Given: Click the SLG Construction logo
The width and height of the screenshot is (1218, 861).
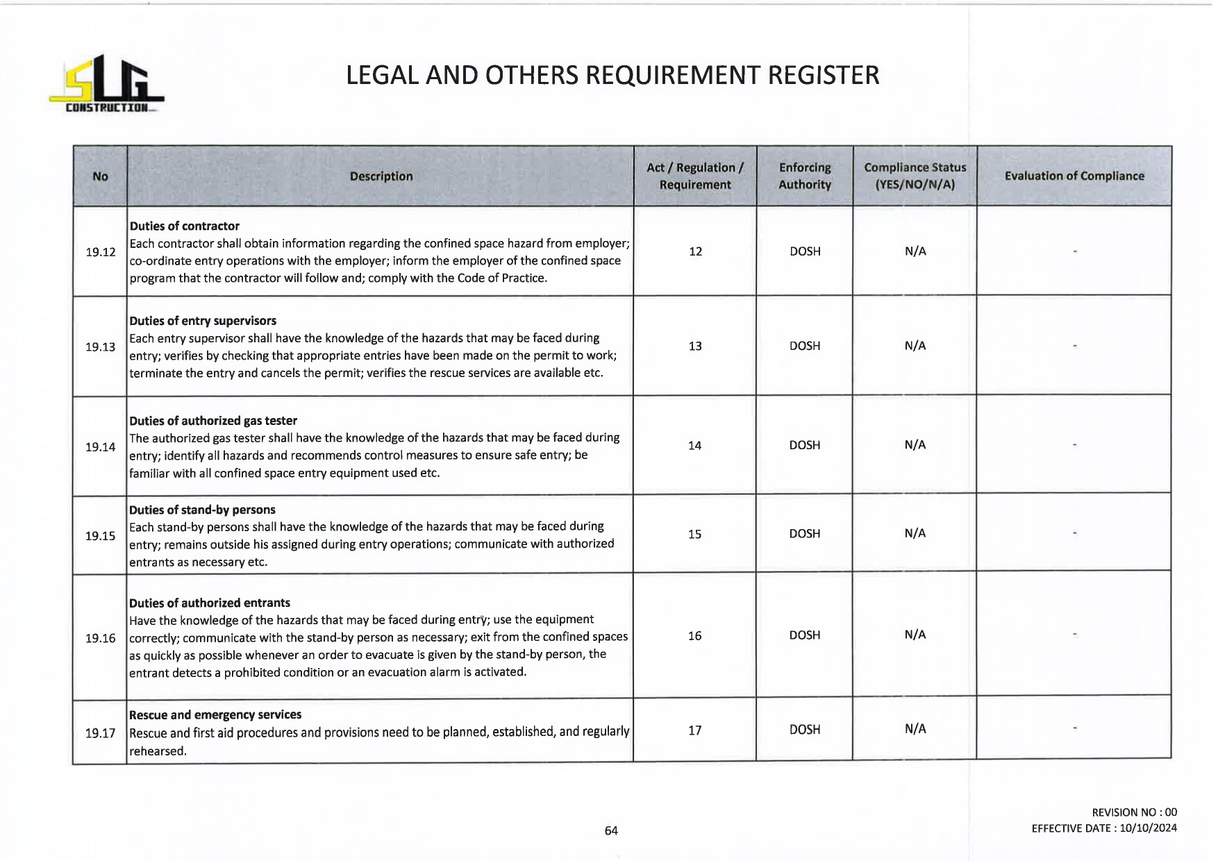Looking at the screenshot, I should [x=106, y=84].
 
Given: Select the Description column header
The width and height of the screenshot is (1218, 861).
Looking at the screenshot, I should [x=381, y=176].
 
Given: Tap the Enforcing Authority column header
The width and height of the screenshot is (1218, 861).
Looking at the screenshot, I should [x=804, y=176].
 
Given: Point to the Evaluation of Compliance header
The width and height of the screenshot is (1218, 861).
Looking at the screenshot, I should [x=1074, y=176].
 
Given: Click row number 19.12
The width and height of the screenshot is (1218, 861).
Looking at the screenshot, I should [x=100, y=252].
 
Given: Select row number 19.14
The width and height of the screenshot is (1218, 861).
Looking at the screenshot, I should [x=100, y=447].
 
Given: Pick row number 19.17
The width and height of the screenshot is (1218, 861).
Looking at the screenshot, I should [x=100, y=733].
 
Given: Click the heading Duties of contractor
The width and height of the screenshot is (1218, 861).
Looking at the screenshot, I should [x=184, y=226].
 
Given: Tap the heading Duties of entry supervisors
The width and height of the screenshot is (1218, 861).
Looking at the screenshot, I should [x=203, y=321].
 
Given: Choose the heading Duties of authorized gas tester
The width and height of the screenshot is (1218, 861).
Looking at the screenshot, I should [x=212, y=421].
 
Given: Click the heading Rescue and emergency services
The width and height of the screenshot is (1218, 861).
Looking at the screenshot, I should [x=215, y=714].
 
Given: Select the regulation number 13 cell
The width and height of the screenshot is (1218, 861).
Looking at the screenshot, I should [x=695, y=346].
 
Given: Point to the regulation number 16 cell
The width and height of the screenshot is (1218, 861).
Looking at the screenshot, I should [x=694, y=635].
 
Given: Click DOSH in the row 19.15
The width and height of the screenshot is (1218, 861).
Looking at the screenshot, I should [x=804, y=534].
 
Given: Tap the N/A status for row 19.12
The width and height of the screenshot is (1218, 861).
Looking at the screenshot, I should [x=915, y=251].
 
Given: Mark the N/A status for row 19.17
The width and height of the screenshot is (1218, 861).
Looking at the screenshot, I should [x=915, y=729].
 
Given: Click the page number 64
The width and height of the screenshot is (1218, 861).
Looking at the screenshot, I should [x=611, y=830].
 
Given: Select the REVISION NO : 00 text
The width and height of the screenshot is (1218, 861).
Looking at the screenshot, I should [x=1134, y=812].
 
